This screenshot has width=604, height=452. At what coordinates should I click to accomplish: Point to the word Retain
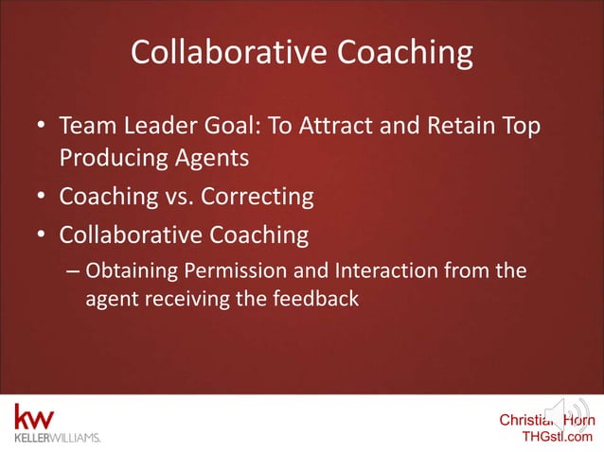[x=460, y=126]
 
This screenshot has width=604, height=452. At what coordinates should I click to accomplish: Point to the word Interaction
[x=382, y=271]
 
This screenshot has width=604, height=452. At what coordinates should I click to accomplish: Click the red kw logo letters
[x=34, y=417]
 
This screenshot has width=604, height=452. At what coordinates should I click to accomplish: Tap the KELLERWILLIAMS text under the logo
[x=56, y=438]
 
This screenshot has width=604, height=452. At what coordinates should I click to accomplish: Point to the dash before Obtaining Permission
[x=73, y=272]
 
